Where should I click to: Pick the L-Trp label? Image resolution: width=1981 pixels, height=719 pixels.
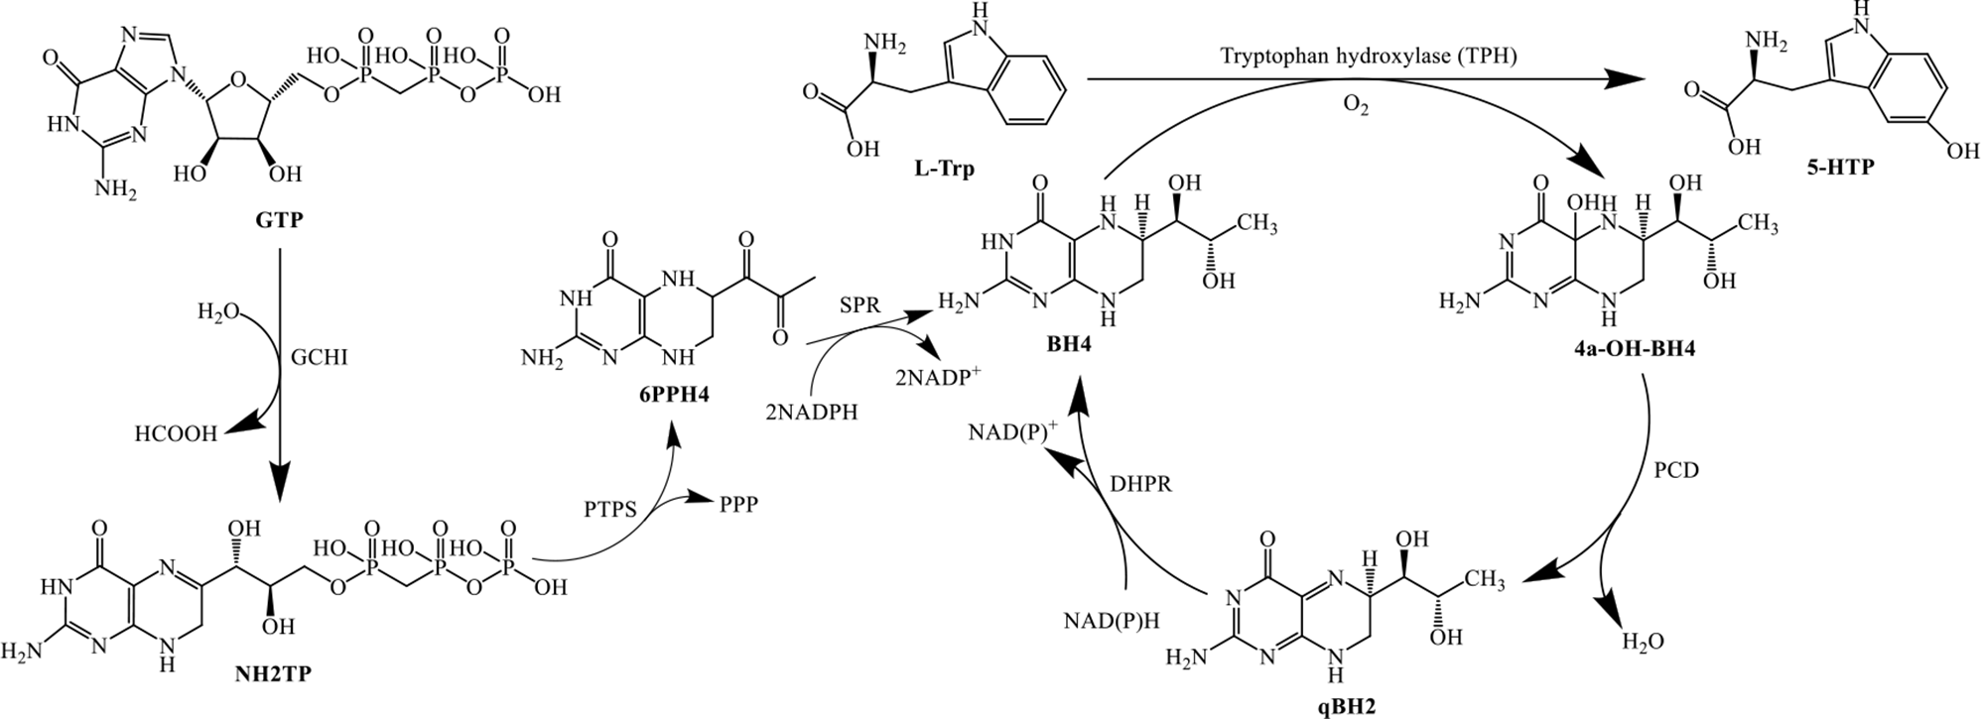coord(944,169)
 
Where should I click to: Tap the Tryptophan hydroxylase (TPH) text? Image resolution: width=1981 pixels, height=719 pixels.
coord(1369,56)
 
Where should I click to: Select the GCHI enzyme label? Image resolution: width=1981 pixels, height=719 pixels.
coord(321,358)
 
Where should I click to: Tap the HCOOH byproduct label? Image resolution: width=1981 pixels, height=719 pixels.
coord(176,434)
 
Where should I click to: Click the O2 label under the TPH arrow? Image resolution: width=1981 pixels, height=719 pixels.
coord(1356,107)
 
